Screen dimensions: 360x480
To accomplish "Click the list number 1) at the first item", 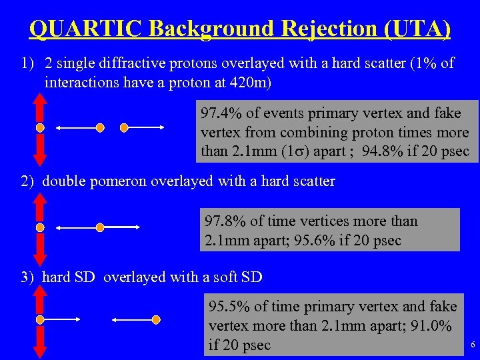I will tap(28, 64).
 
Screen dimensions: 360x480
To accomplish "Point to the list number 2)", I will tap(28, 181).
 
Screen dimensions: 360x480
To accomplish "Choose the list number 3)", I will tap(28, 277).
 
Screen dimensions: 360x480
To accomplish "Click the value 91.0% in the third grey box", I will tap(430, 326).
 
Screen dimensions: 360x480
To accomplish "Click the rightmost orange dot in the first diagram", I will tap(123, 127).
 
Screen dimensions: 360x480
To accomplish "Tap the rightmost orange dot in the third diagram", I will tap(156, 319).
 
